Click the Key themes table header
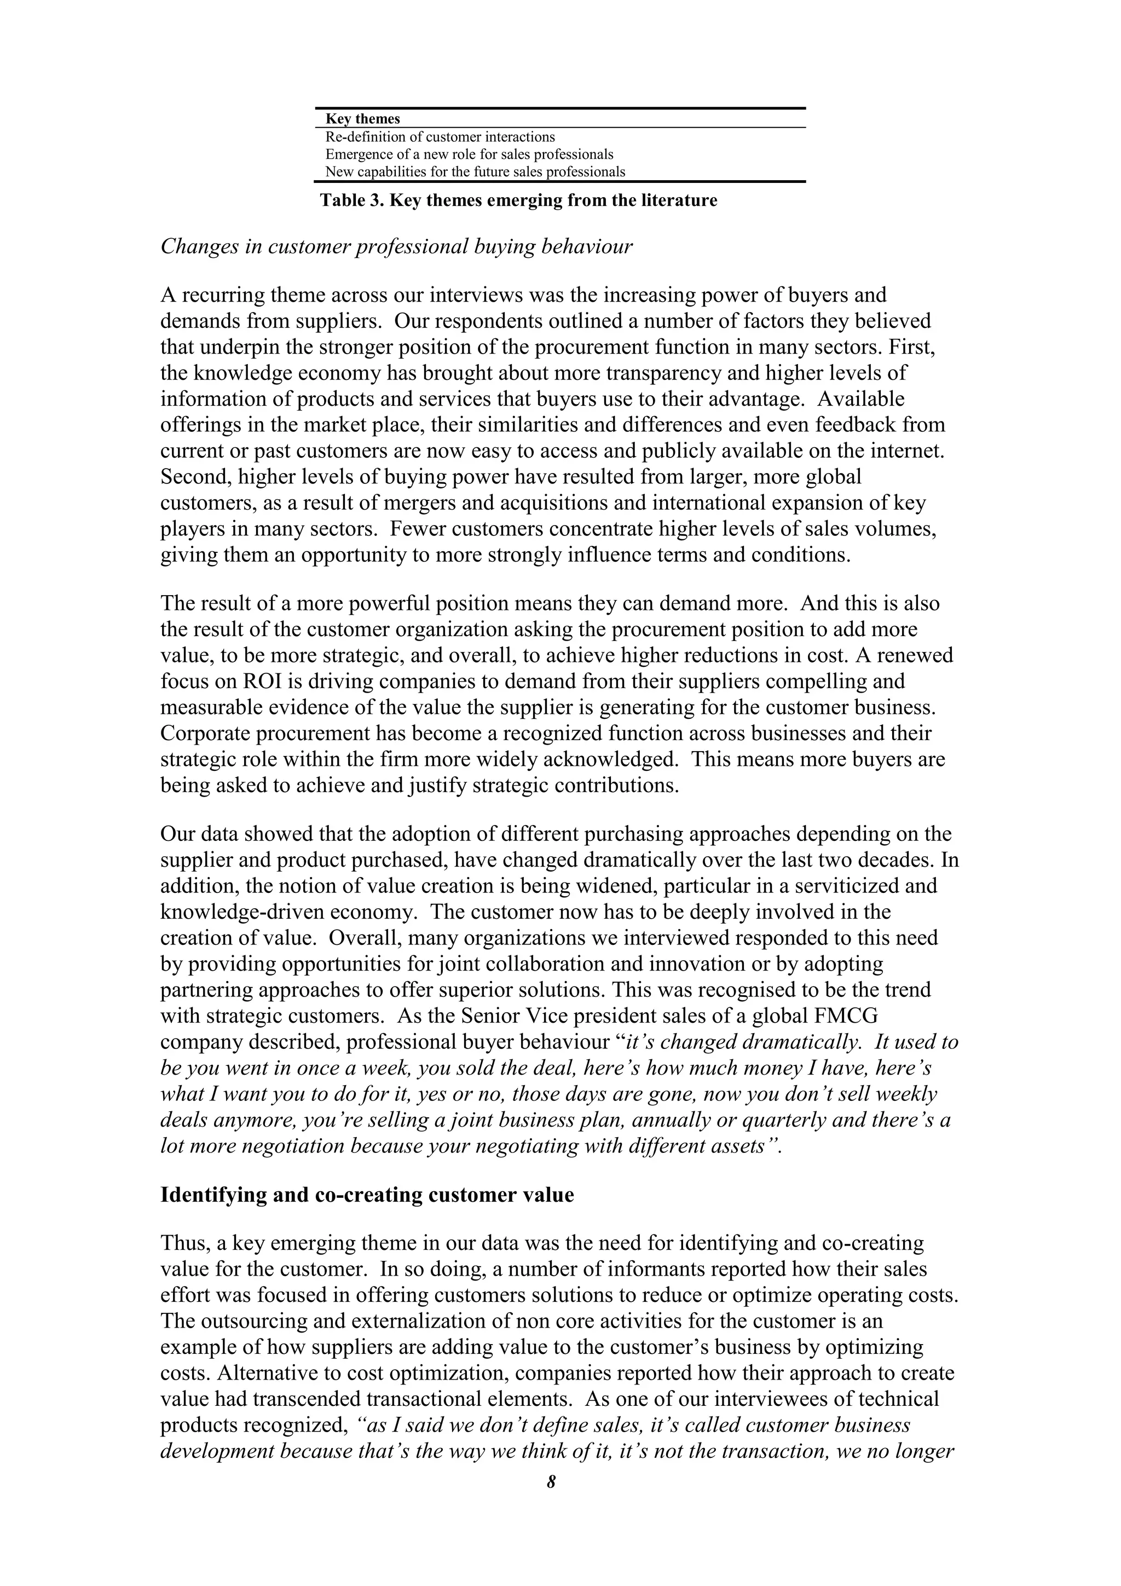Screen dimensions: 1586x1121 [x=362, y=119]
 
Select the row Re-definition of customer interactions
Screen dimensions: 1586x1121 [x=440, y=137]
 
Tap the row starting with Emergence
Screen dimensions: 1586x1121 [x=469, y=154]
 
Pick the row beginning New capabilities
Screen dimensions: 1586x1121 [x=475, y=171]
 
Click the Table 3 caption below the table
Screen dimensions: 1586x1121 [x=518, y=201]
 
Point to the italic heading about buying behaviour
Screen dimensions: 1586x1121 [x=396, y=246]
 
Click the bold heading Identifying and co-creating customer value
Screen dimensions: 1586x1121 [x=367, y=1195]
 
